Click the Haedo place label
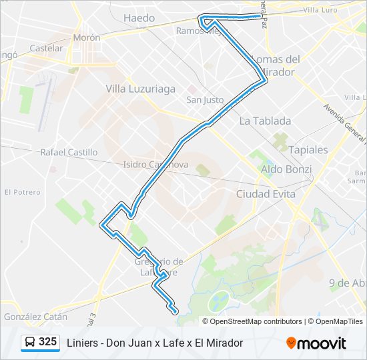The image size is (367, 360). click(x=139, y=18)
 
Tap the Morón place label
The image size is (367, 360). click(x=87, y=37)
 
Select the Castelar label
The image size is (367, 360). click(x=46, y=48)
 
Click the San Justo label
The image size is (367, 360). click(x=205, y=100)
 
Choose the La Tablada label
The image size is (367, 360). click(x=265, y=121)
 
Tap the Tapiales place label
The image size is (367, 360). click(x=308, y=150)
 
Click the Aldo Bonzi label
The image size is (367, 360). click(x=286, y=169)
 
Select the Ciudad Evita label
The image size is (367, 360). click(x=266, y=193)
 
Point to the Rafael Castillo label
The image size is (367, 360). click(x=69, y=152)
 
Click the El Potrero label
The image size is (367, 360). click(x=22, y=192)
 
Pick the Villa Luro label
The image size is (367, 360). click(x=321, y=11)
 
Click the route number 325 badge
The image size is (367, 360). click(x=47, y=342)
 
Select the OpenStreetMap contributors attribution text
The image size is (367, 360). click(x=256, y=321)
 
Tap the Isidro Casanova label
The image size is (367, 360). click(x=156, y=165)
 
